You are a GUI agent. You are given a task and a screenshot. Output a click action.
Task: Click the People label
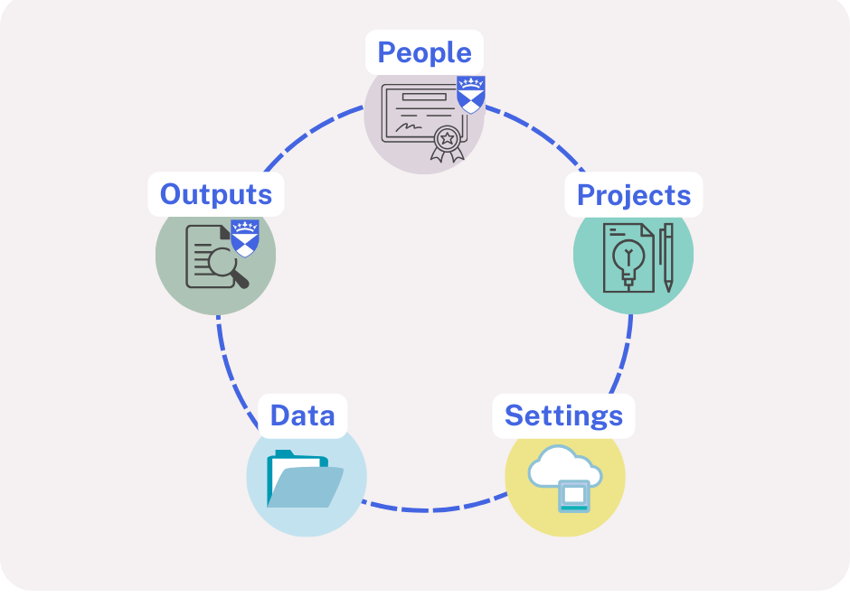424,52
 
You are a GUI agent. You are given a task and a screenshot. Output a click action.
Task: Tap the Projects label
633,195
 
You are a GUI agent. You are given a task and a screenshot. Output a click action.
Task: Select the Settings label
563,416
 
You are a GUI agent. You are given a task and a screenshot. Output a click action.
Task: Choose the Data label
302,416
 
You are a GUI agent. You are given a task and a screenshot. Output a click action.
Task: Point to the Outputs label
215,194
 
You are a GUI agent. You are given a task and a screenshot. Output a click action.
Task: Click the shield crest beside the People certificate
470,94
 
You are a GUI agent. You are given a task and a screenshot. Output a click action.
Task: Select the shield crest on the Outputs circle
245,238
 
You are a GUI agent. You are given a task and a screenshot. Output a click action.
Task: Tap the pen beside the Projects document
666,257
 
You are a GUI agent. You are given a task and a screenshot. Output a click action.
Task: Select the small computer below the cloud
574,496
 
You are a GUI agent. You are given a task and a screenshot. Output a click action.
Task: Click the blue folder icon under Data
304,480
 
